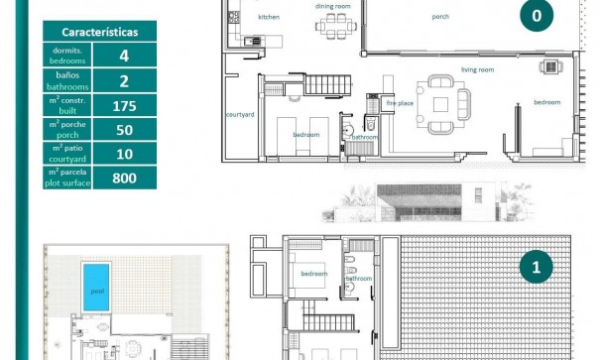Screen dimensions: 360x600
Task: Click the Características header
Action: (99, 32)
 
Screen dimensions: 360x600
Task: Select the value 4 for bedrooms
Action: (124, 56)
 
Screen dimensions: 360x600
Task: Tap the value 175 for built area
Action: (124, 105)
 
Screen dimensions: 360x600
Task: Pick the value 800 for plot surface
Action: (124, 178)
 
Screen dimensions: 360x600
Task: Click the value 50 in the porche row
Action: (124, 129)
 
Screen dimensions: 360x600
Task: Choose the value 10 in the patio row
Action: (124, 154)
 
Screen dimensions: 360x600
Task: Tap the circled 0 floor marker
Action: (537, 15)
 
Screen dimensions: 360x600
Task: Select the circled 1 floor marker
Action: (537, 266)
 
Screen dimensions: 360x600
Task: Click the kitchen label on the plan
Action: (269, 17)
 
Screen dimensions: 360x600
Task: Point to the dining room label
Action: (332, 6)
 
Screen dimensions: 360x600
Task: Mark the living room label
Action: (477, 69)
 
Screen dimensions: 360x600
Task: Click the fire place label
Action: (399, 102)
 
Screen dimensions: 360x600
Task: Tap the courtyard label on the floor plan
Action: (240, 114)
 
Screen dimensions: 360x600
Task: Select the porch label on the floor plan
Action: (440, 17)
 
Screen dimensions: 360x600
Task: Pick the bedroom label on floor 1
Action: (314, 273)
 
